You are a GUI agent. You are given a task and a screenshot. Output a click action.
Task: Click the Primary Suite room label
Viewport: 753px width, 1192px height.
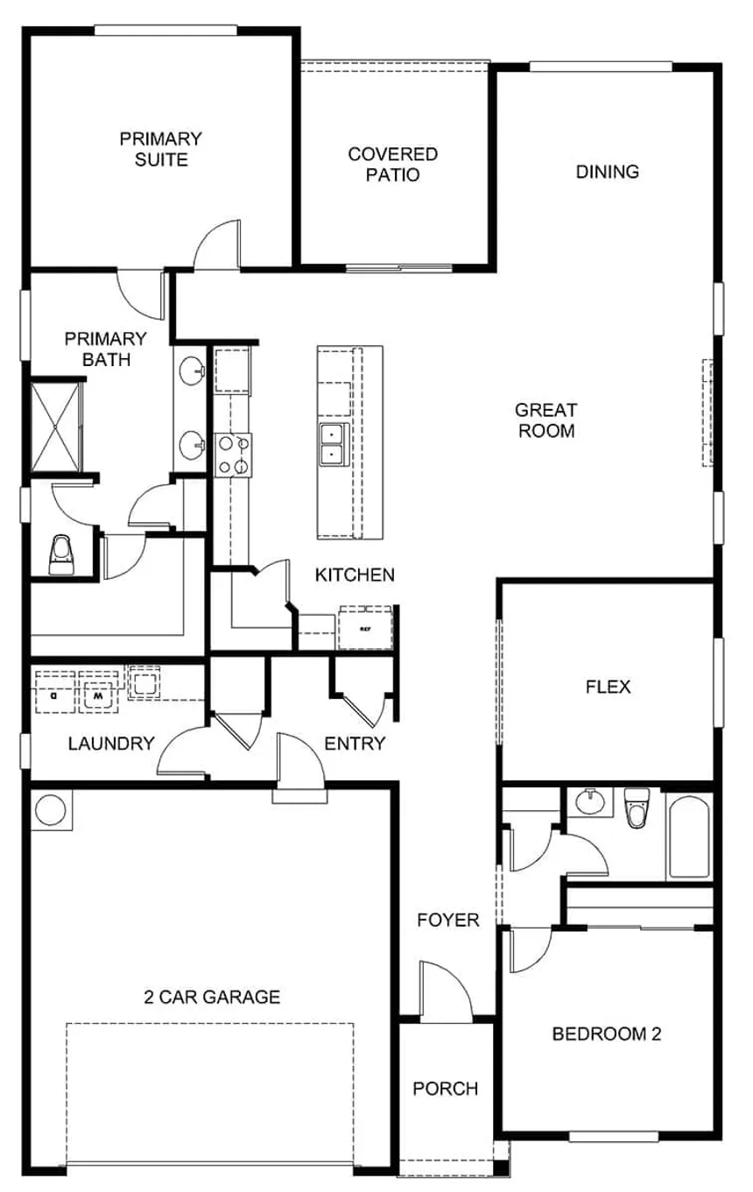[161, 149]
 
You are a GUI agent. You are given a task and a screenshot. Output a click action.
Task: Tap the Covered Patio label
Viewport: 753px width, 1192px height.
[393, 165]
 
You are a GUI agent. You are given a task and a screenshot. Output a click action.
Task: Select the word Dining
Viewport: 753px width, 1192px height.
[607, 172]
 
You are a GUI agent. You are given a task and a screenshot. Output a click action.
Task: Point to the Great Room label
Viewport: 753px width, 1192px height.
[546, 420]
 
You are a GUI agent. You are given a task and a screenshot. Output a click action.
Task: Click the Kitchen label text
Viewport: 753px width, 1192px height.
[355, 575]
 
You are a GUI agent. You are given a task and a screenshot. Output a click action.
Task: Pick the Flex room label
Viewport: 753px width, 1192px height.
[608, 687]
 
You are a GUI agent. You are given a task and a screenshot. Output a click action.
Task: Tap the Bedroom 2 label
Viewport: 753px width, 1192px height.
[607, 1034]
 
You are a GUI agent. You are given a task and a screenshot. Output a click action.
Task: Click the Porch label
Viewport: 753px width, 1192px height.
[446, 1089]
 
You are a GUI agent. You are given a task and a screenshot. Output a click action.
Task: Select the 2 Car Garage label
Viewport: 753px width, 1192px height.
[212, 997]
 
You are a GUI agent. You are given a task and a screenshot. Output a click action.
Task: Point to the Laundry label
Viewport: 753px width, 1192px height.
[111, 744]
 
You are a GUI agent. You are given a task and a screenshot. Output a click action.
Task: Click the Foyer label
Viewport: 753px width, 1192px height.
[448, 920]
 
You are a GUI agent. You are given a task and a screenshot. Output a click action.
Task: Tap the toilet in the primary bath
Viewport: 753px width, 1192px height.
[61, 555]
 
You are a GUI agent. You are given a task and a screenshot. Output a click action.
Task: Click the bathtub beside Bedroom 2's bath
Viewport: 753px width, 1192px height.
[689, 836]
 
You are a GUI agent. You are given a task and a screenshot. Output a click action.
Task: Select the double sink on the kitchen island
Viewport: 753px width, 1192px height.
[333, 445]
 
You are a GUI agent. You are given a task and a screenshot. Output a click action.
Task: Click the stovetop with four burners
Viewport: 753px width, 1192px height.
[233, 455]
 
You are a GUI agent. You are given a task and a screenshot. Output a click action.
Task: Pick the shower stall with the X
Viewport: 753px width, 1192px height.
[55, 427]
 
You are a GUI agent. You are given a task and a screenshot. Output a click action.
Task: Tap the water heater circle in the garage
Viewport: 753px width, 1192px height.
[51, 810]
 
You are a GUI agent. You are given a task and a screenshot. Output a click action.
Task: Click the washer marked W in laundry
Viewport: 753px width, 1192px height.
[98, 692]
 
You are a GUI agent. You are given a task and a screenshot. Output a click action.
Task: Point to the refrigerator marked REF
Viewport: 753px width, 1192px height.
[366, 628]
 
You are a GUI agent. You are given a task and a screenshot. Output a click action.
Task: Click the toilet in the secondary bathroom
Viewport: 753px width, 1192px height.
[637, 808]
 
